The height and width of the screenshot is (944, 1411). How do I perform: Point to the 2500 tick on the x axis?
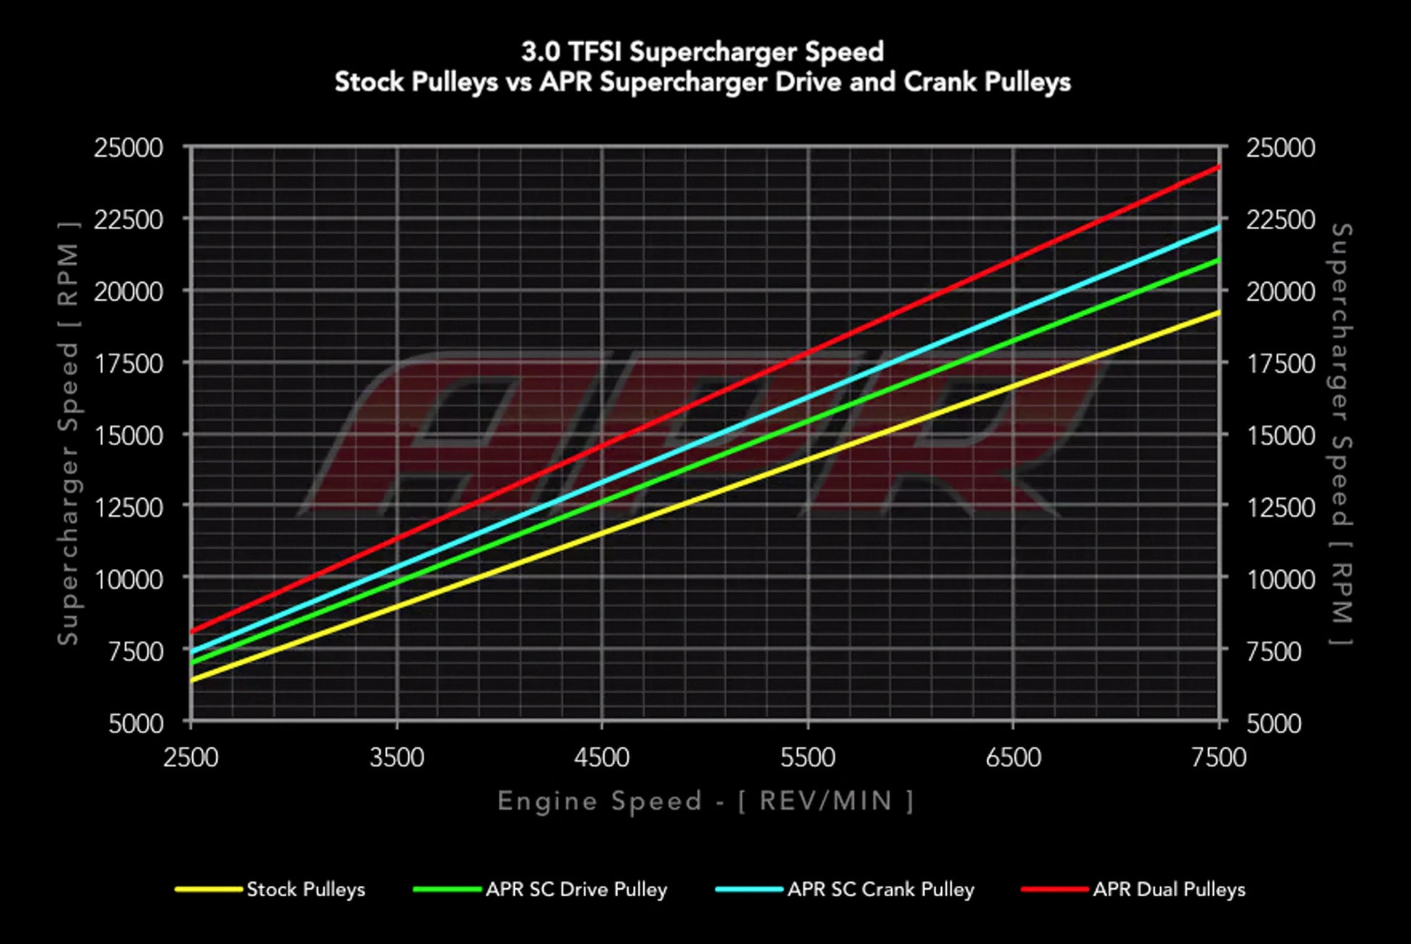click(191, 758)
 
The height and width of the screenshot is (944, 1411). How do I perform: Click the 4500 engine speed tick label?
click(602, 758)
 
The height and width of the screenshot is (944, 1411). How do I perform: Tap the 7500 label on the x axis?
click(1219, 758)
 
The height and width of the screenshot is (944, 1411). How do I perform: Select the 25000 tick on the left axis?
click(128, 148)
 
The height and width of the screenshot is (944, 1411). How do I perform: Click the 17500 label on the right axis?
click(1280, 363)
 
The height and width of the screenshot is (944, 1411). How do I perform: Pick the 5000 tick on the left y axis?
click(136, 723)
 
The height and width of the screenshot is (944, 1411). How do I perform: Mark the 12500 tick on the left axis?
click(128, 507)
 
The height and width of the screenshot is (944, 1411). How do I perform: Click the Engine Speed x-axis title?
click(705, 801)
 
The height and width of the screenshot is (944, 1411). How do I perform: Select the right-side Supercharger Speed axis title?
click(1342, 434)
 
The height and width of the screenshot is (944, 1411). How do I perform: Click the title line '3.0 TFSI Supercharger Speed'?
click(702, 51)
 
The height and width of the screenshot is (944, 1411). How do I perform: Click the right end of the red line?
click(1219, 167)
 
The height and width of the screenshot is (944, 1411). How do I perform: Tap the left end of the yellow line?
click(192, 680)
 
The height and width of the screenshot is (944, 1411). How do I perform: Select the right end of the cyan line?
click(1219, 227)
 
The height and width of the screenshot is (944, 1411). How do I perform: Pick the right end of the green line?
click(1219, 260)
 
